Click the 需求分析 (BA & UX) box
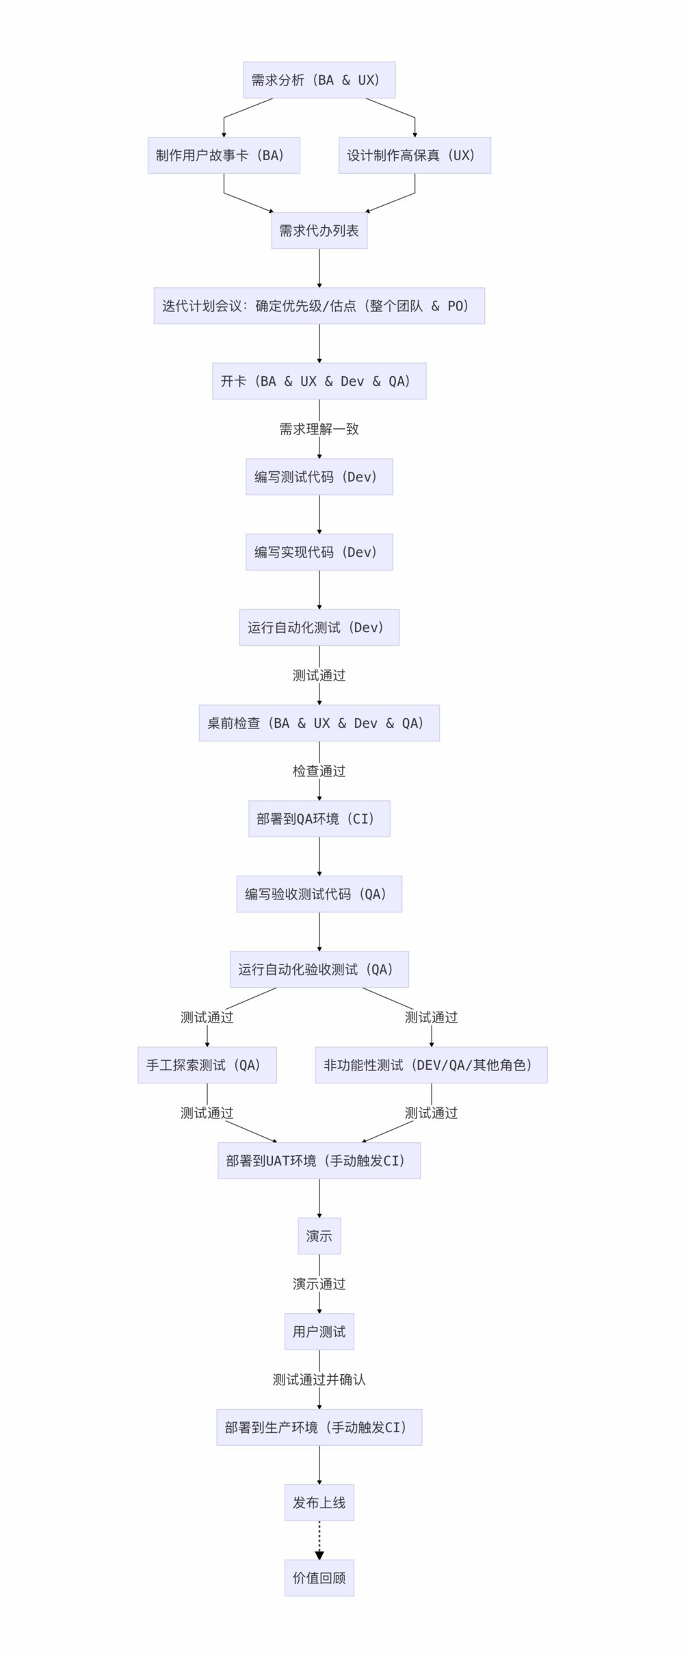click(319, 80)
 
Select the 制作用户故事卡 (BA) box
click(224, 155)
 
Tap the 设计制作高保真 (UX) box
click(415, 155)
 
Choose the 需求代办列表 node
click(319, 231)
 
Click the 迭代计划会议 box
click(319, 306)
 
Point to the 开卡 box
click(319, 381)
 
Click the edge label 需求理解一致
click(319, 429)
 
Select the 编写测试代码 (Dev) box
click(319, 477)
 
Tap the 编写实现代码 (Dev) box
click(319, 552)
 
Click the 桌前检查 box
click(319, 723)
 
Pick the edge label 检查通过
click(319, 771)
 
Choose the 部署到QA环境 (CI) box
click(319, 819)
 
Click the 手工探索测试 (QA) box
click(207, 1065)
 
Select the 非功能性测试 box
click(431, 1065)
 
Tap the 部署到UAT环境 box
click(319, 1161)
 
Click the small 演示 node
click(319, 1236)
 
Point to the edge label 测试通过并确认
click(319, 1380)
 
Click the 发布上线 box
click(319, 1503)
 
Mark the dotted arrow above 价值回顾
click(319, 1539)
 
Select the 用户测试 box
click(319, 1332)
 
